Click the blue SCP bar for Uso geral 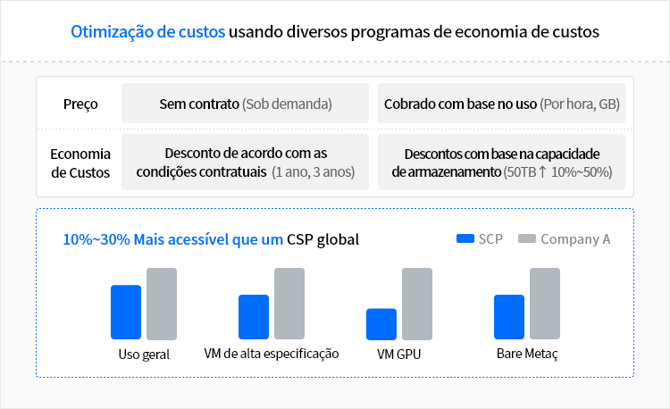(x=126, y=312)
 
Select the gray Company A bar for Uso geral (x=162, y=304)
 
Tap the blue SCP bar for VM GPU (x=381, y=323)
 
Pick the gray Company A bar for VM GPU (x=417, y=304)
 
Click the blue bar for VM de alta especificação (x=254, y=317)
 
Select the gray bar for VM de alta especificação (x=289, y=304)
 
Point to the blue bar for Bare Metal (x=509, y=317)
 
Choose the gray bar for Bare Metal (x=545, y=304)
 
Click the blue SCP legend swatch (x=465, y=239)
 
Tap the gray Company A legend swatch (x=527, y=239)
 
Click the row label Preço (x=80, y=104)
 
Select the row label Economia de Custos (x=80, y=163)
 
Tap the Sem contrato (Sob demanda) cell (x=245, y=104)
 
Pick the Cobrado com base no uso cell (x=501, y=104)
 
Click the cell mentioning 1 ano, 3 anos (x=245, y=163)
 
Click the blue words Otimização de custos (x=147, y=32)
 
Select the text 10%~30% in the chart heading (x=96, y=239)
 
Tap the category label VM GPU (x=398, y=354)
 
